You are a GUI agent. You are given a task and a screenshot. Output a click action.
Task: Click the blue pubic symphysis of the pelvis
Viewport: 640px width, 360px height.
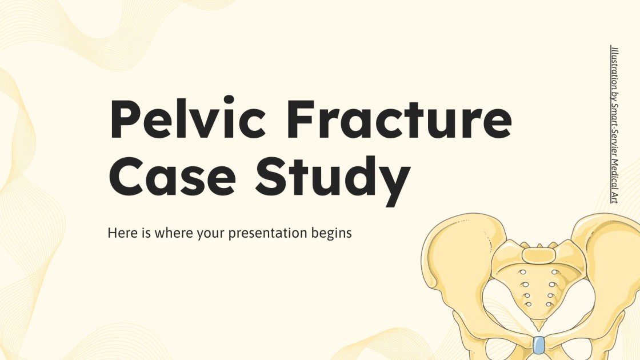point(538,345)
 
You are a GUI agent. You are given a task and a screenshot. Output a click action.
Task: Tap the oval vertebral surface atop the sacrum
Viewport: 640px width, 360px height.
point(538,254)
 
